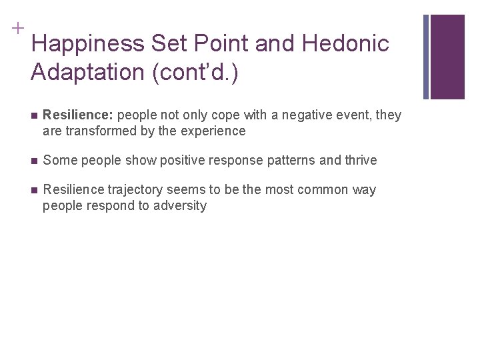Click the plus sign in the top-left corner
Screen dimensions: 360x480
click(17, 29)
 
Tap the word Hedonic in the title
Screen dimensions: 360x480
click(345, 45)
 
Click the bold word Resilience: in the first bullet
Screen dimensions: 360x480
click(78, 115)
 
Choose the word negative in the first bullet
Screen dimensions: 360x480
click(305, 115)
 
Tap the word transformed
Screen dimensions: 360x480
click(99, 131)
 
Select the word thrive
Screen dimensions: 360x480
click(360, 160)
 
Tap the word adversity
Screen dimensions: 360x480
click(180, 205)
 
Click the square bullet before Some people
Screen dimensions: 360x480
click(33, 161)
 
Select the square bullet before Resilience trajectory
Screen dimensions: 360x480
click(33, 190)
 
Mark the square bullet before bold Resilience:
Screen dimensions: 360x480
click(33, 115)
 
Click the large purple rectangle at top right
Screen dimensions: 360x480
click(456, 57)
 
